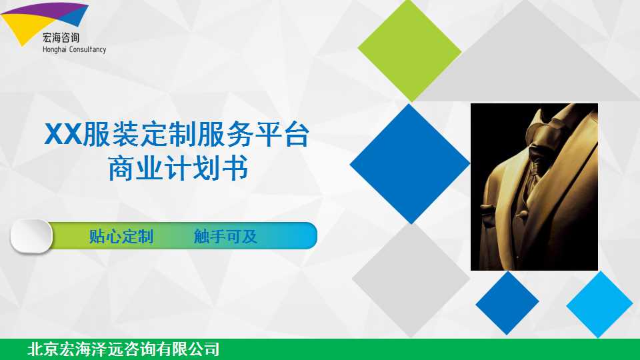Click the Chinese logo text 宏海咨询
[61, 38]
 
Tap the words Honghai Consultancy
[74, 49]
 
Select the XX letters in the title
[63, 134]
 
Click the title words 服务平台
[253, 134]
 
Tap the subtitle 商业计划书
[179, 168]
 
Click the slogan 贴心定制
[121, 236]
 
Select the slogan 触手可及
[225, 236]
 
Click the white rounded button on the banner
[31, 236]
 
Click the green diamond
[410, 50]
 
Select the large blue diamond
[410, 164]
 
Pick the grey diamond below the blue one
[411, 280]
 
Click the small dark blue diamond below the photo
[507, 303]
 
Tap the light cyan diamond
[599, 304]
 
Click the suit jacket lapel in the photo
[571, 163]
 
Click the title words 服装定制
[140, 134]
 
